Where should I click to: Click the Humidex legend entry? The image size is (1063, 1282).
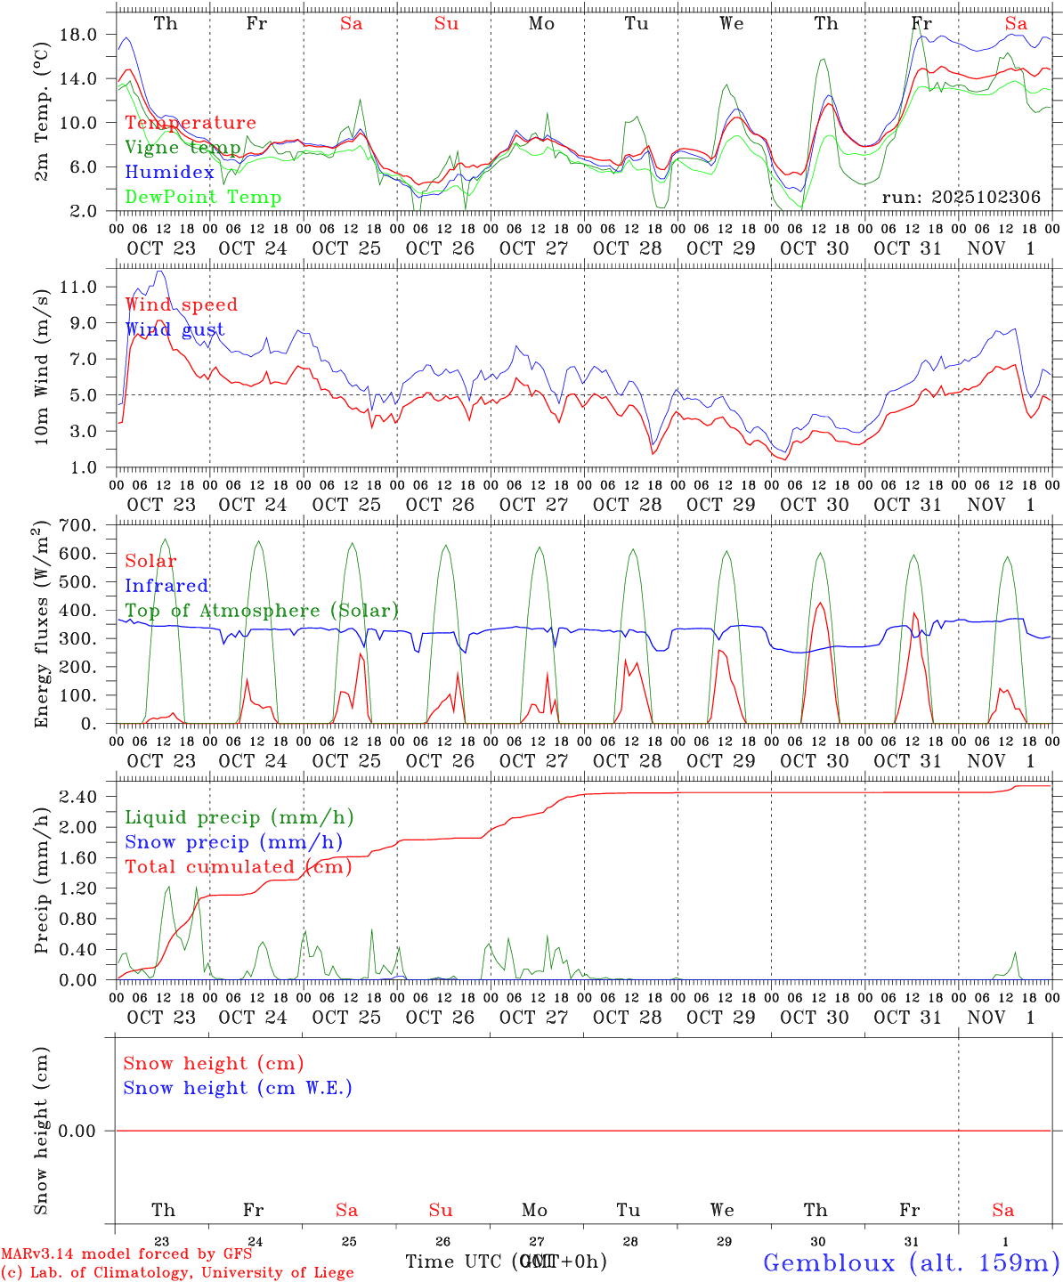(x=169, y=173)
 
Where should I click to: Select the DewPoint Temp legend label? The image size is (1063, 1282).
(x=203, y=198)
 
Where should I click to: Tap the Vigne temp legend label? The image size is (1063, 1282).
(x=183, y=148)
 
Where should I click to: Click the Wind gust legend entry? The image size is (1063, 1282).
(x=174, y=329)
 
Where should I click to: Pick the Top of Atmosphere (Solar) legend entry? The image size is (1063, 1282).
(x=261, y=611)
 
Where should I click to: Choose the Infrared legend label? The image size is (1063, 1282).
(x=166, y=586)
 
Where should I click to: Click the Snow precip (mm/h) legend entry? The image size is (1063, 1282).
(x=233, y=842)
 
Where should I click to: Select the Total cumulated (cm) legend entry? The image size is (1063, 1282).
(x=238, y=867)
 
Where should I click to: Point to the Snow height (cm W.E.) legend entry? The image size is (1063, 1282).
(x=238, y=1088)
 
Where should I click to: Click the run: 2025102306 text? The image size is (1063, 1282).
(x=961, y=198)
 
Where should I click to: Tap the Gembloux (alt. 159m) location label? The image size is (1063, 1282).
(x=911, y=1262)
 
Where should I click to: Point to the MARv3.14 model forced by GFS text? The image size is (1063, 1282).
(x=126, y=1254)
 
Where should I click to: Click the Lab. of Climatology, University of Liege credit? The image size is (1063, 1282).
(x=178, y=1273)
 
